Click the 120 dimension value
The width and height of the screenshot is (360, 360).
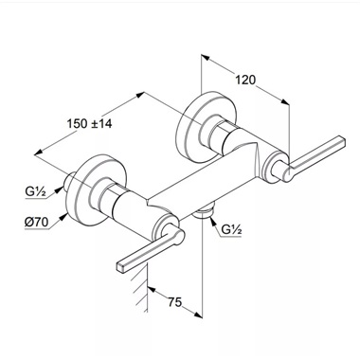pos(245,80)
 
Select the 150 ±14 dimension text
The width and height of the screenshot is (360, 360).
pos(89,123)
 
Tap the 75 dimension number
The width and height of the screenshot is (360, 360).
pos(174,302)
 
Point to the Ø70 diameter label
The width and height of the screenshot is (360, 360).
pos(36,222)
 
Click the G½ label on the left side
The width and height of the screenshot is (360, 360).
pos(36,191)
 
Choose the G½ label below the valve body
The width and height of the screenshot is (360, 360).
pos(231,229)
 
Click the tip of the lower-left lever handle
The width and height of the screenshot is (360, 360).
pos(121,267)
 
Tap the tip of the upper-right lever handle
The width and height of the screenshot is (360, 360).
pos(342,141)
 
